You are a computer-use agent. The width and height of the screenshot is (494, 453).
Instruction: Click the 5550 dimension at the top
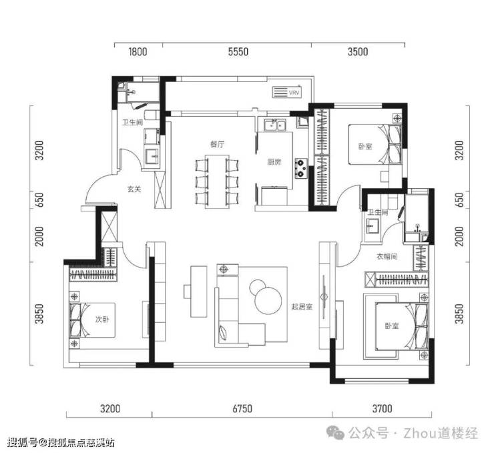point(238,51)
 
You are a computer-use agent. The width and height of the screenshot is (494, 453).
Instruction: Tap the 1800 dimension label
point(138,51)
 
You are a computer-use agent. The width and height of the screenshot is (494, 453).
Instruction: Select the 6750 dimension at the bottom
point(242,408)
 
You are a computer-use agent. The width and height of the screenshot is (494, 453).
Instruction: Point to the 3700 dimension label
point(382,408)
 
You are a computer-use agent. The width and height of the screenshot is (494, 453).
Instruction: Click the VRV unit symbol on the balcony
point(286,93)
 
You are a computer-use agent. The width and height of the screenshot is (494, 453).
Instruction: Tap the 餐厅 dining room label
point(217,145)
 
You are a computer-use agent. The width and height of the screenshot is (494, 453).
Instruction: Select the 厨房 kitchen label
point(274,162)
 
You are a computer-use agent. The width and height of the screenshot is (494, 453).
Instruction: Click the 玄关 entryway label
point(134,189)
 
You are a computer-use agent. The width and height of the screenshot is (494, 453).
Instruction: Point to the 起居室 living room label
point(302,306)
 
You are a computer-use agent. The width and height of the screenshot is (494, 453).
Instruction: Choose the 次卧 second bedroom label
point(102,320)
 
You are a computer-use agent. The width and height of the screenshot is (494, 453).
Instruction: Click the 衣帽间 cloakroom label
point(387,257)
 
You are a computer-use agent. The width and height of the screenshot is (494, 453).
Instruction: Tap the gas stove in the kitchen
point(301,168)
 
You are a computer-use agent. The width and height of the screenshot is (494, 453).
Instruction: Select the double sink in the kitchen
point(275,125)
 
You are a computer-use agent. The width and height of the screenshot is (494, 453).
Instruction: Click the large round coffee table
point(268,300)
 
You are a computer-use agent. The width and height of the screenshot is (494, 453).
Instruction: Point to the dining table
point(217,181)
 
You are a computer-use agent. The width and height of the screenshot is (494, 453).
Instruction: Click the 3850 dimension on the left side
point(39,314)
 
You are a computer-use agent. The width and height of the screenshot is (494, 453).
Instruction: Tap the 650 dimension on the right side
point(460,199)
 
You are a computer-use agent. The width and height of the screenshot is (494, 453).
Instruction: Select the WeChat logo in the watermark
point(336,432)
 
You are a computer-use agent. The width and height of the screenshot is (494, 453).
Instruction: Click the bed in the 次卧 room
point(92,320)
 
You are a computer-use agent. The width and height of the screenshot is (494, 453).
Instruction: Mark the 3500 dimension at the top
point(358,51)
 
